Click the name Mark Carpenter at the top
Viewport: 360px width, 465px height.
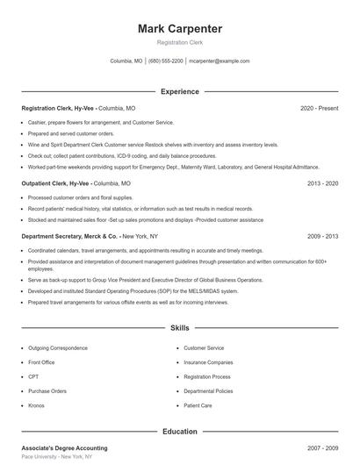180,29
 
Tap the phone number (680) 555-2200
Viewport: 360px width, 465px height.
166,61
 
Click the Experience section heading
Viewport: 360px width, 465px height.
180,91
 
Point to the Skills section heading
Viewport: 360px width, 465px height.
180,328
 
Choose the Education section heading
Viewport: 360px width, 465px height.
180,432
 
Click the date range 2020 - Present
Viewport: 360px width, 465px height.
320,108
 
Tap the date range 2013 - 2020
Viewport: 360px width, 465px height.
322,184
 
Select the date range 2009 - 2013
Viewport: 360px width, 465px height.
322,236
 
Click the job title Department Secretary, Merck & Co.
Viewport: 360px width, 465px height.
69,236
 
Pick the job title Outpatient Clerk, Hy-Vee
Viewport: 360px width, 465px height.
55,184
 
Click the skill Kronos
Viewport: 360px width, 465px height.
36,406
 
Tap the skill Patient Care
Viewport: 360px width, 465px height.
198,406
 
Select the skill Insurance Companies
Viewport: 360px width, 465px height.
208,362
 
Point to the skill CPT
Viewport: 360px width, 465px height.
33,376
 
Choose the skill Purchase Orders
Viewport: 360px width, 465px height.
47,391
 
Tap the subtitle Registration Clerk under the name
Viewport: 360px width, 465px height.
180,43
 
